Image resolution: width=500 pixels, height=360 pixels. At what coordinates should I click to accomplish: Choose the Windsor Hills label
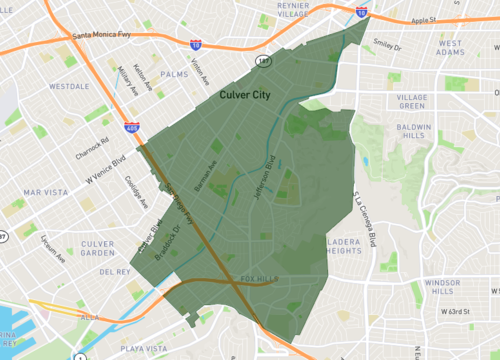coord(441,288)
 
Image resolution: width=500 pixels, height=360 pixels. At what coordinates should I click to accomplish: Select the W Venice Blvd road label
coord(103,169)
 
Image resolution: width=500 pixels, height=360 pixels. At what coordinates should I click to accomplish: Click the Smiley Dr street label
coord(385,45)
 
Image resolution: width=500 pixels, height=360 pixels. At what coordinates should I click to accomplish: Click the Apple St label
coord(424,19)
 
